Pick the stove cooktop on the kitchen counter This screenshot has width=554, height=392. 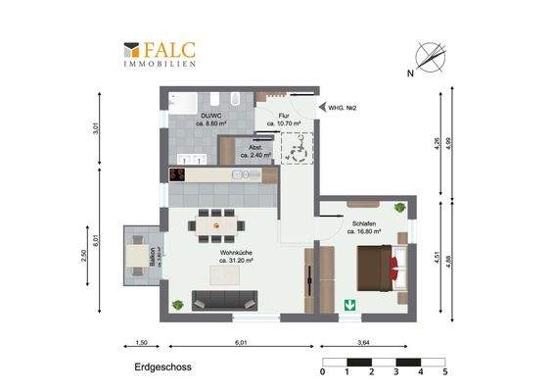pyautogui.click(x=178, y=173)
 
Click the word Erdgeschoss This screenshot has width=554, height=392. pyautogui.click(x=162, y=370)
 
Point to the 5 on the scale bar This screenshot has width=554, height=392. pyautogui.click(x=444, y=372)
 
